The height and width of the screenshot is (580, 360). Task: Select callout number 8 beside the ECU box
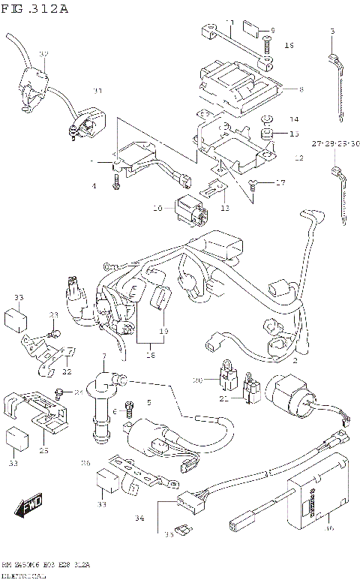pyautogui.click(x=301, y=90)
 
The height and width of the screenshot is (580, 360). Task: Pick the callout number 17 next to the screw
pyautogui.click(x=281, y=182)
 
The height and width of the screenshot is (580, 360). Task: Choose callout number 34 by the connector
pyautogui.click(x=139, y=517)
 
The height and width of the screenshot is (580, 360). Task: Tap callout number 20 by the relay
pyautogui.click(x=197, y=381)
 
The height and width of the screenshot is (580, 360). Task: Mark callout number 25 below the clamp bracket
pyautogui.click(x=43, y=450)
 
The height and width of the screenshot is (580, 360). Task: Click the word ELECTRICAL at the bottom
pyautogui.click(x=23, y=574)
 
